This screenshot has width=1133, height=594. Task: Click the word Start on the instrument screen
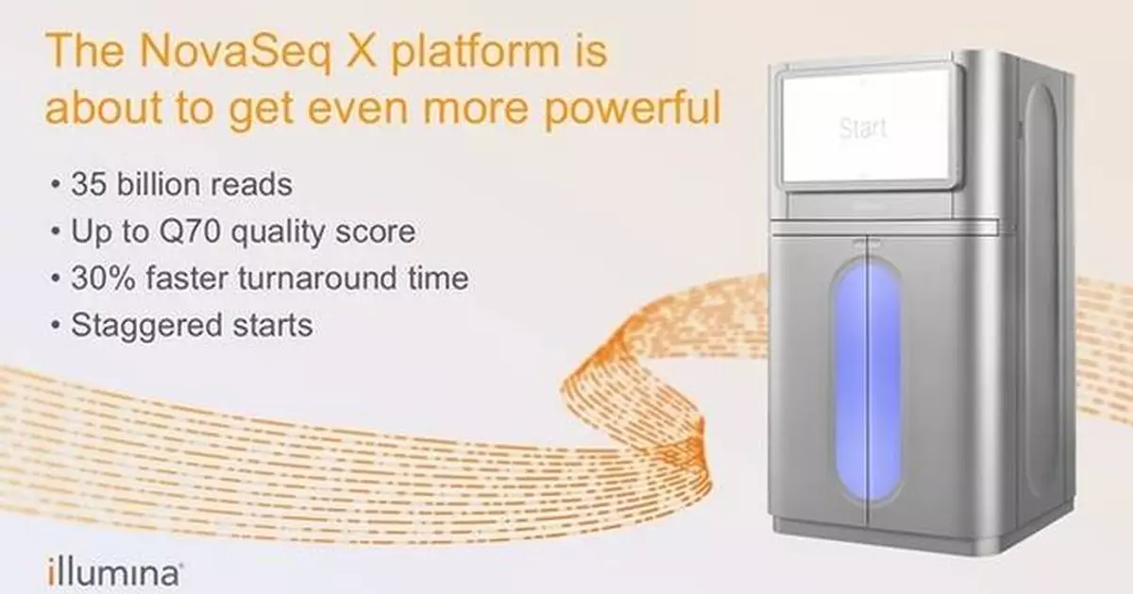tap(863, 127)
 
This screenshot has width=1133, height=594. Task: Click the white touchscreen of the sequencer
tap(864, 127)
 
